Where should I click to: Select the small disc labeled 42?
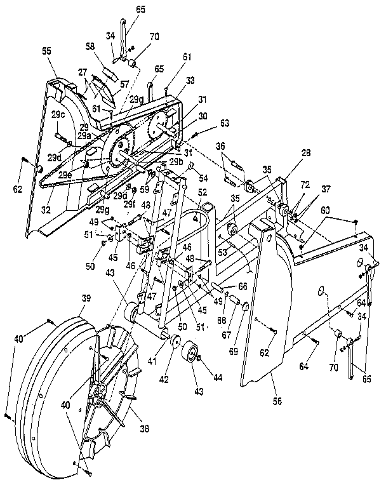pos(173,343)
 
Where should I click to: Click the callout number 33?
pos(173,82)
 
